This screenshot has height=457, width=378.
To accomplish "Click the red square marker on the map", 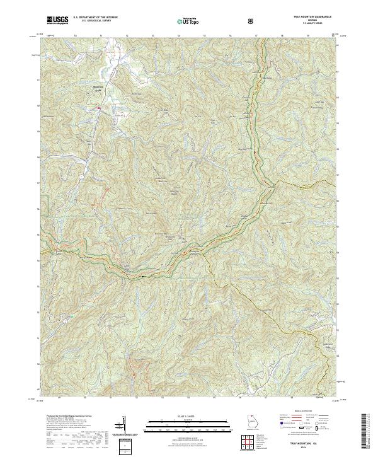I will click(x=99, y=108).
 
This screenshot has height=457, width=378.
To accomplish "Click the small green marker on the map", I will click(x=71, y=316).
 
